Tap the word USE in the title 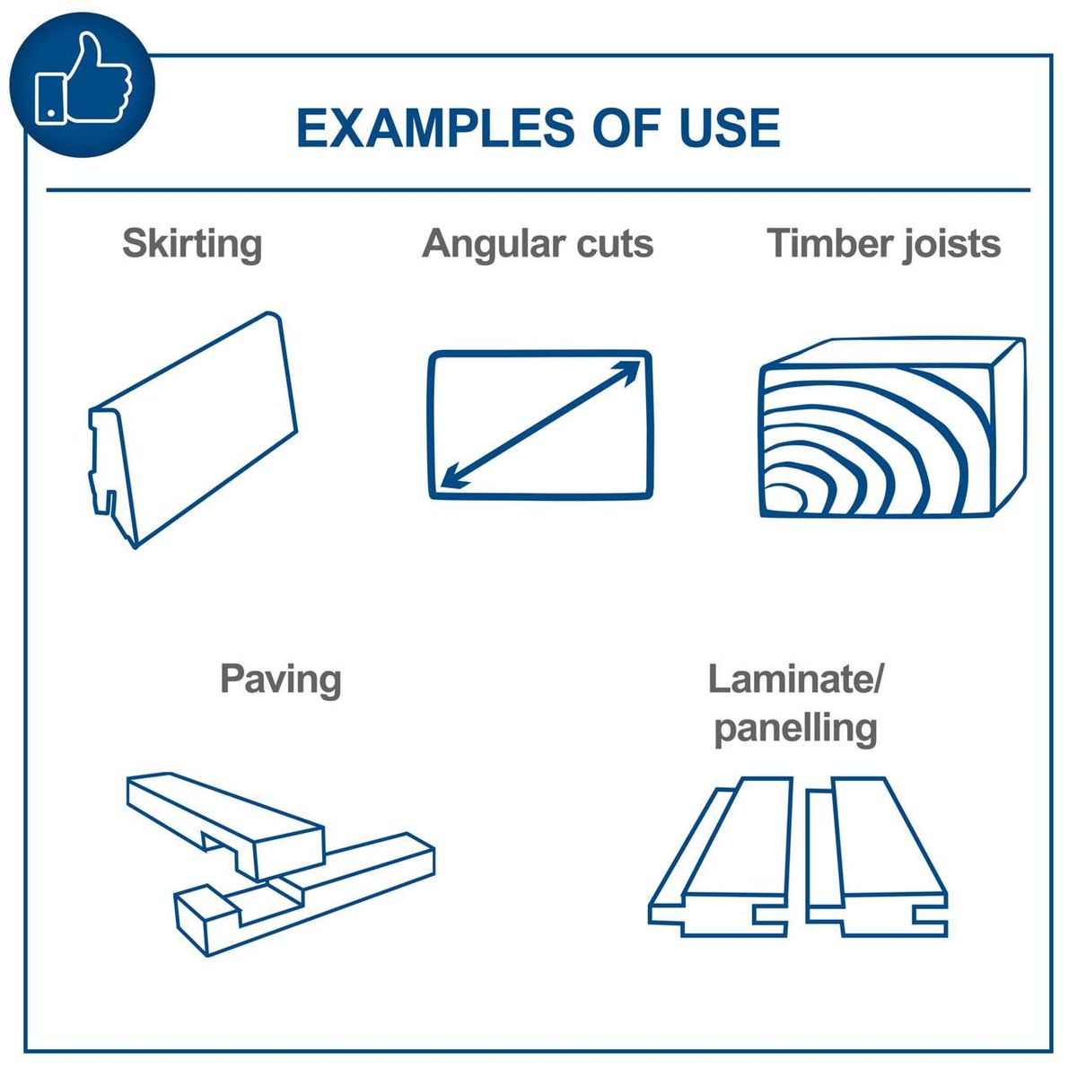729,128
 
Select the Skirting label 192,244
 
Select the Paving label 280,679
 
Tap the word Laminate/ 795,679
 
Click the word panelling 795,728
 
